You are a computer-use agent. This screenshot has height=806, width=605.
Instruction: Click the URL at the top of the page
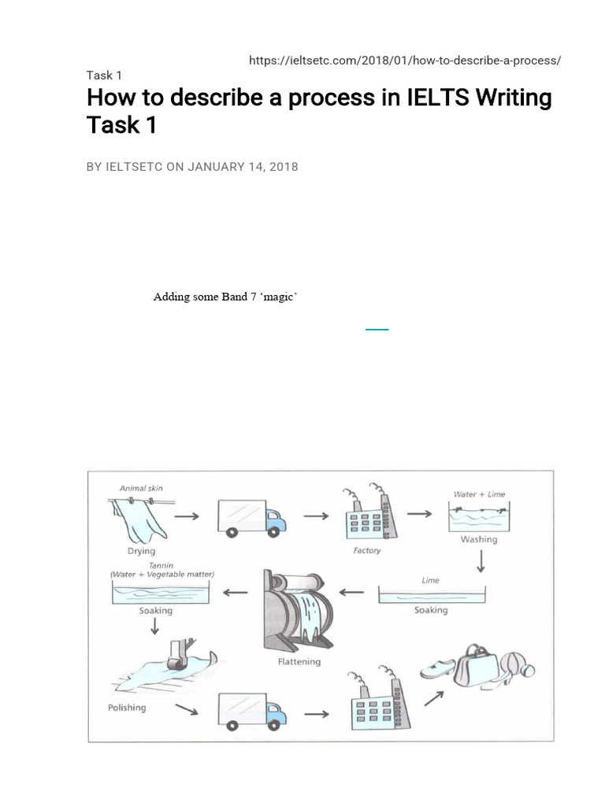(x=405, y=61)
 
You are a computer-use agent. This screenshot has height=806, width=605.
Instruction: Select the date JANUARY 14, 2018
(x=243, y=167)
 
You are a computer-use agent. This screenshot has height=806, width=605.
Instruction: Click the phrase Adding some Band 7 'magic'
(x=225, y=297)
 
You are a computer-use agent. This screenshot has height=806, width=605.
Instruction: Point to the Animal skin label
(x=141, y=489)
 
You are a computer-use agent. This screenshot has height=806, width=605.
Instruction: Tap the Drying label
(x=141, y=551)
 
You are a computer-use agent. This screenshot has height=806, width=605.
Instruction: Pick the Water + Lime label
(x=479, y=494)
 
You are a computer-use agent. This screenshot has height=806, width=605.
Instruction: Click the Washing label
(x=479, y=539)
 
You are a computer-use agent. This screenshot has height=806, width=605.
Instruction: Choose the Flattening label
(x=299, y=662)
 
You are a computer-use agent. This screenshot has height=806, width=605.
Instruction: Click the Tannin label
(x=161, y=565)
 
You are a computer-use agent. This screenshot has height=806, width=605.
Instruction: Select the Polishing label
(x=127, y=708)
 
